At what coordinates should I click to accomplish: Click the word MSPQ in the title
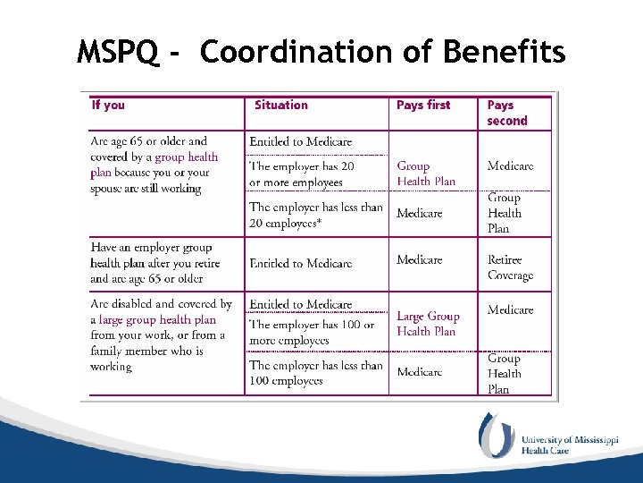point(119,53)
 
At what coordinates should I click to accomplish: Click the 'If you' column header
point(108,106)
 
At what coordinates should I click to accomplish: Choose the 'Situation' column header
point(280,106)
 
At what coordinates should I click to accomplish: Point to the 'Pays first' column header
point(423,106)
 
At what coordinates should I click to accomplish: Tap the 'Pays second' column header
point(507,113)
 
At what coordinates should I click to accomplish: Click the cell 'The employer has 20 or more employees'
point(302,174)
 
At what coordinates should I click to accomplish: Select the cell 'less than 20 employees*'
point(315,214)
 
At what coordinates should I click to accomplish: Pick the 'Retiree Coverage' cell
point(510,267)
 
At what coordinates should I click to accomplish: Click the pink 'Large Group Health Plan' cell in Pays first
point(428,324)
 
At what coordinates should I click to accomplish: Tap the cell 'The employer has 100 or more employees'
point(312,333)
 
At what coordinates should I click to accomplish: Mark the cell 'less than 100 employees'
point(315,373)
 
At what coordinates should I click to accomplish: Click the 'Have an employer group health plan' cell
point(151,263)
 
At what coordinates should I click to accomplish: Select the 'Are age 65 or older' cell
point(154,165)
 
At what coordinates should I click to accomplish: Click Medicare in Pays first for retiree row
point(419,260)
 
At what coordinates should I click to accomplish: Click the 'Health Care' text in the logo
point(546,451)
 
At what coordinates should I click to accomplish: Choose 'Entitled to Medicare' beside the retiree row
point(301,264)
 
